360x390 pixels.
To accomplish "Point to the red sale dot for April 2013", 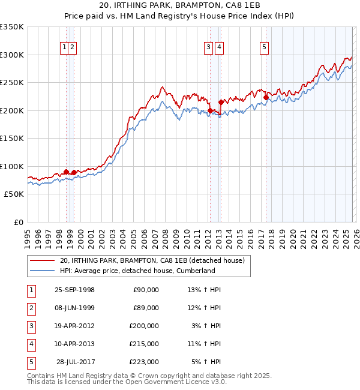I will click(x=221, y=102).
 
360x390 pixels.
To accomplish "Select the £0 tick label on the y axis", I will click(x=18, y=223).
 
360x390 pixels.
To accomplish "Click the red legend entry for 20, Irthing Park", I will click(x=152, y=261).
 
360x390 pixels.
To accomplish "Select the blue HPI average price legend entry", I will click(x=137, y=271).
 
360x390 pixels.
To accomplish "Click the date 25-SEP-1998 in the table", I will click(x=74, y=290).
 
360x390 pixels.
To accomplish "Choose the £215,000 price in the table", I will click(x=144, y=344).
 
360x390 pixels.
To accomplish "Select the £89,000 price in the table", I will click(x=146, y=308).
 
